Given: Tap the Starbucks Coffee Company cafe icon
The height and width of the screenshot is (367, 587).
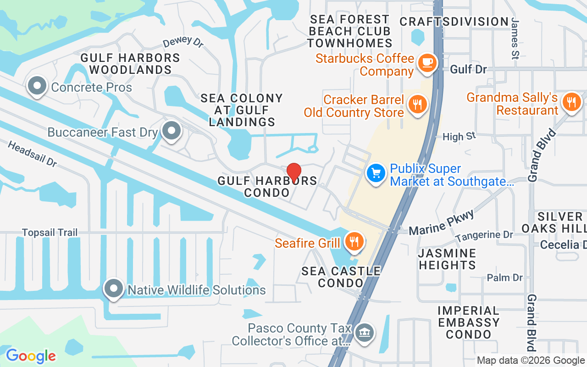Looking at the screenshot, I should click(427, 63).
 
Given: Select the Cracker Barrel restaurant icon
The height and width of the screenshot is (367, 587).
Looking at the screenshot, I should click(417, 104).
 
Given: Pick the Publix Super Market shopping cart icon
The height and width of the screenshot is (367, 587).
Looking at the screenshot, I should click(376, 173).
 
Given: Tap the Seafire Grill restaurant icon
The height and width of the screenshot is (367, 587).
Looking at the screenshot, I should click(354, 241).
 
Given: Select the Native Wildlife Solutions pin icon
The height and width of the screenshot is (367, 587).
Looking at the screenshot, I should click(113, 289).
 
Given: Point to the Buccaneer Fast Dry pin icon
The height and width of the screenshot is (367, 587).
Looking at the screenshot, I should click(172, 131).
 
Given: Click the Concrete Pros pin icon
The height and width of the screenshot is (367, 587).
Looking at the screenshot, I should click(37, 86).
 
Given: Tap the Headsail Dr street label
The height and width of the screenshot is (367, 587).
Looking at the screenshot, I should click(32, 154).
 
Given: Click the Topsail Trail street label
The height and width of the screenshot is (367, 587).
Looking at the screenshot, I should click(50, 233).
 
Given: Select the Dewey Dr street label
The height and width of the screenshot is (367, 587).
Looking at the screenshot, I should click(183, 42).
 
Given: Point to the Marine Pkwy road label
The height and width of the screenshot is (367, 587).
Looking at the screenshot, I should click(441, 222).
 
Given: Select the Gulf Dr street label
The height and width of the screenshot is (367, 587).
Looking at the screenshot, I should click(468, 69).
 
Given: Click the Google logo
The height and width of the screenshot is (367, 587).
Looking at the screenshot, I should click(31, 356).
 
